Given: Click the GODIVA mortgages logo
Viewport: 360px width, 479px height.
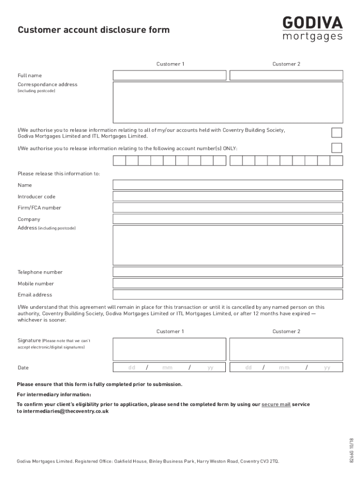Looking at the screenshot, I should pyautogui.click(x=312, y=29).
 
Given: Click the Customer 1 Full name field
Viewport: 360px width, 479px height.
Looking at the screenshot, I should pyautogui.click(x=170, y=75).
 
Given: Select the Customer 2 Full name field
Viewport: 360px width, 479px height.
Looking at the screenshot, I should pyautogui.click(x=286, y=75).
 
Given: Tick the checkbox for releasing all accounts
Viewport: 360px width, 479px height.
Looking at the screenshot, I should pyautogui.click(x=336, y=133).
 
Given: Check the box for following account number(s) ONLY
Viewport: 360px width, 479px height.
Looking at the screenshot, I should pyautogui.click(x=336, y=148).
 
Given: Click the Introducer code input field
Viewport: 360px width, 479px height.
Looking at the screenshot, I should pyautogui.click(x=228, y=196).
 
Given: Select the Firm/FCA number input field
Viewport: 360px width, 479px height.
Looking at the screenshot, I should pyautogui.click(x=228, y=208).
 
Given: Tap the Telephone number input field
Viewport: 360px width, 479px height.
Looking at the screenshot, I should pyautogui.click(x=228, y=272).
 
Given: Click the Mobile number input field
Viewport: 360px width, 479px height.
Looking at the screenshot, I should pyautogui.click(x=228, y=283).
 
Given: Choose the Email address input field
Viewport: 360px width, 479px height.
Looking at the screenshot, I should pyautogui.click(x=228, y=295).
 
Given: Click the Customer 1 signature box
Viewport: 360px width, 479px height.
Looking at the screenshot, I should pyautogui.click(x=170, y=349).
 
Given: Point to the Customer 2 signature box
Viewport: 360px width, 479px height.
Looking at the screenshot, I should pyautogui.click(x=286, y=349).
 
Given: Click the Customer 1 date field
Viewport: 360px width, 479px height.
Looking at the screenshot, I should pyautogui.click(x=170, y=368).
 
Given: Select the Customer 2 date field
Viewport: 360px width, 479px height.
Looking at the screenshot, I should pyautogui.click(x=286, y=368).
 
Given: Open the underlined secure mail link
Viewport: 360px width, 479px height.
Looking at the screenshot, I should pyautogui.click(x=276, y=404).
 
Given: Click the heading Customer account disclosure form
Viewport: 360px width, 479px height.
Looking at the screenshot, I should pyautogui.click(x=94, y=30).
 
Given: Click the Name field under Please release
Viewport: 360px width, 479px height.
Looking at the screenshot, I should pyautogui.click(x=228, y=185).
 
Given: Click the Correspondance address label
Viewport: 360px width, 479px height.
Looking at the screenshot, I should pyautogui.click(x=48, y=85).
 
